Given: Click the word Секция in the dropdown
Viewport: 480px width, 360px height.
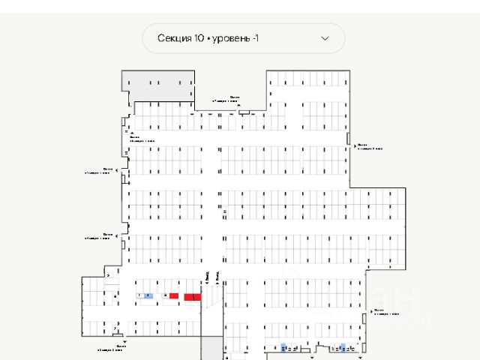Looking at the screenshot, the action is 175,38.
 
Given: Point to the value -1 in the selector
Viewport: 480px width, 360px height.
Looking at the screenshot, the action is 255,38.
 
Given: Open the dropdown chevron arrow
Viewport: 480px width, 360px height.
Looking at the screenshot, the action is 325,38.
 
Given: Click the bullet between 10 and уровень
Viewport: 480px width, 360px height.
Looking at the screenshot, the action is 208,38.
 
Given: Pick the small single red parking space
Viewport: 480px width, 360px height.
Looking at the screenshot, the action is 173,296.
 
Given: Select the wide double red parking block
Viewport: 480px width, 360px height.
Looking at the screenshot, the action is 193,297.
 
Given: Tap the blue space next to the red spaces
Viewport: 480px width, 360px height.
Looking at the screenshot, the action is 148,296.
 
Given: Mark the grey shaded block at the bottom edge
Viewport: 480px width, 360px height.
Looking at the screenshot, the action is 211,349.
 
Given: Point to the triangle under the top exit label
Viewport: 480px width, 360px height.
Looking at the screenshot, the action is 238,106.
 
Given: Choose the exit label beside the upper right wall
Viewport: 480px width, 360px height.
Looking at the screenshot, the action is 370,147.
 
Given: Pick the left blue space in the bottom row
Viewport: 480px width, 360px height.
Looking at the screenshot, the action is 283,347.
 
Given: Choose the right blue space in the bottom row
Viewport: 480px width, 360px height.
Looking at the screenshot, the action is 342,347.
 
